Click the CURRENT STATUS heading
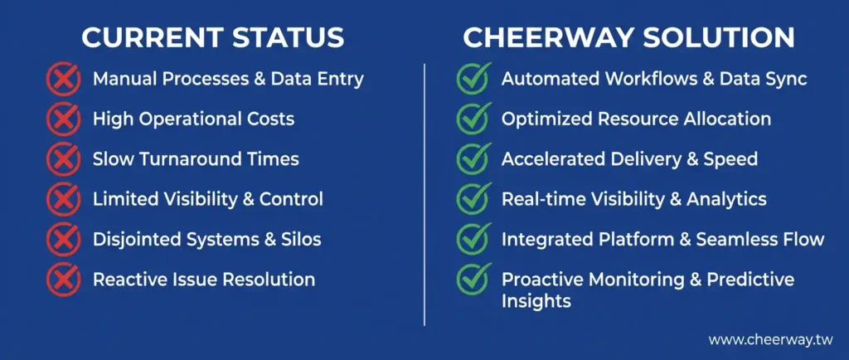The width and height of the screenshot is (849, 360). [x=213, y=38]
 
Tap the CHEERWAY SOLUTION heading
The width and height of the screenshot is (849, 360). [x=628, y=38]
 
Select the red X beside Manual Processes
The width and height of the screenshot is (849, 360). [x=64, y=79]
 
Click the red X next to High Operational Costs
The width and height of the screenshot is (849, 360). [x=64, y=119]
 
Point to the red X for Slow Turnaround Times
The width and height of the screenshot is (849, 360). [x=64, y=159]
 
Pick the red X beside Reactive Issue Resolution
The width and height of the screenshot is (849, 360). [x=64, y=280]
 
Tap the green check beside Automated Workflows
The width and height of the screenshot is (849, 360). [x=473, y=79]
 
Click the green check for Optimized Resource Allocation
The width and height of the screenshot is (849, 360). [x=473, y=119]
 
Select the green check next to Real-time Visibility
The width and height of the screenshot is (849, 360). [x=473, y=199]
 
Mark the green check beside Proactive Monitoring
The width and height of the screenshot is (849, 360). [x=473, y=280]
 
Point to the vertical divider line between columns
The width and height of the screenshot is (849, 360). [x=424, y=195]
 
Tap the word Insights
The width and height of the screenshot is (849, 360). [x=536, y=301]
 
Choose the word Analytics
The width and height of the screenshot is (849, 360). [x=726, y=199]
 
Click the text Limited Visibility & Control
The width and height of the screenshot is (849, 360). [x=208, y=199]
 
